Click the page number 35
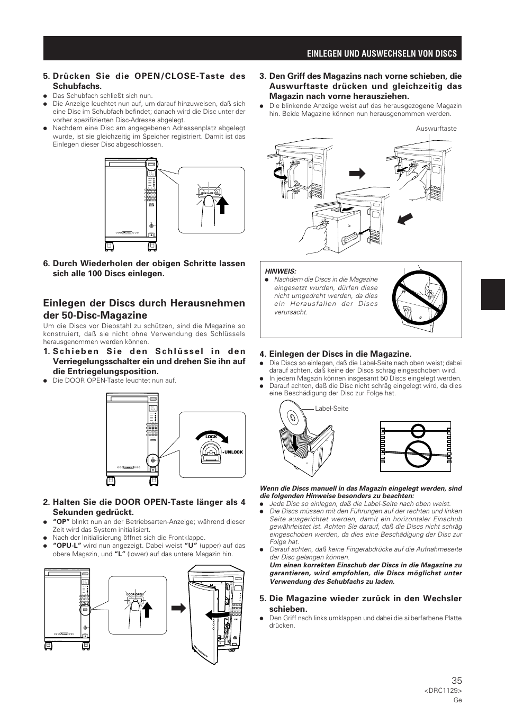tap(456, 681)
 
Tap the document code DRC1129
tap(443, 691)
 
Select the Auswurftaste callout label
tap(436, 129)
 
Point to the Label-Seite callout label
tap(331, 409)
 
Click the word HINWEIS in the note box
tap(281, 271)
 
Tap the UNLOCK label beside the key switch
tap(233, 452)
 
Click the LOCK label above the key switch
tap(211, 437)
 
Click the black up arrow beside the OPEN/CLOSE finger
tap(224, 204)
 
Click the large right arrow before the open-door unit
tap(178, 608)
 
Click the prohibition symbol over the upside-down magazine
tap(416, 300)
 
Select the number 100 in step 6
tap(129, 274)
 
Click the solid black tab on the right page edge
tap(493, 294)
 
